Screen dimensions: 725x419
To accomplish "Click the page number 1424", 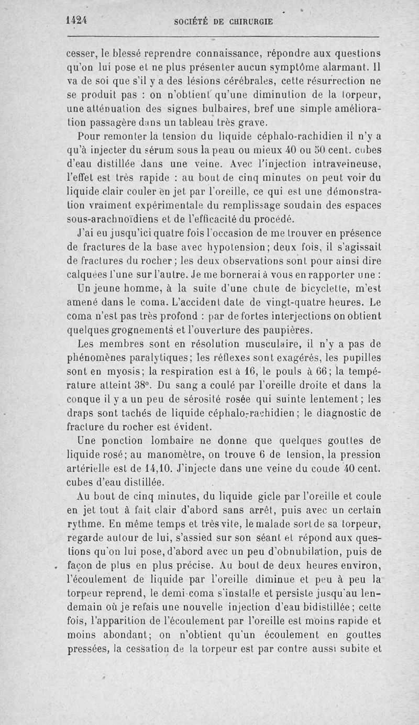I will point(76,21).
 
